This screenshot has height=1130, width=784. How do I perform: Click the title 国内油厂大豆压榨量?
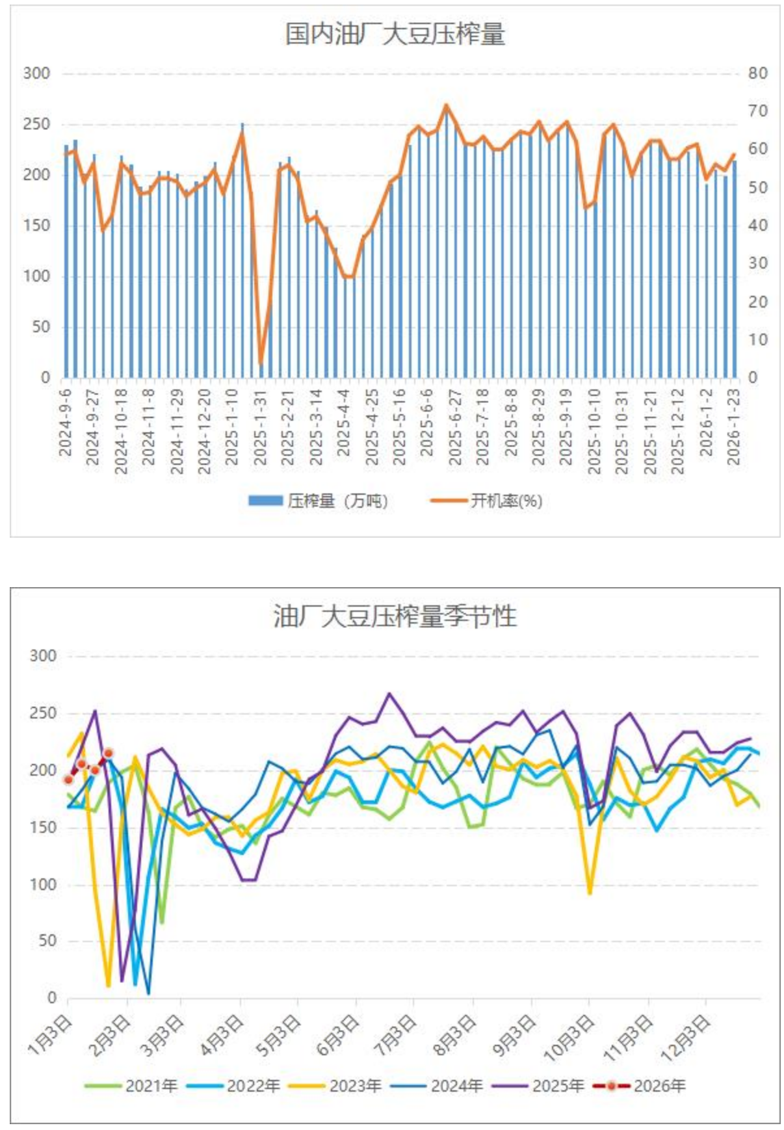point(395,34)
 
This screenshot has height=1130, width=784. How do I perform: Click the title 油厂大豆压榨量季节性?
point(395,616)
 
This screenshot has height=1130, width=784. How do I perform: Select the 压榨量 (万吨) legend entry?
point(319,501)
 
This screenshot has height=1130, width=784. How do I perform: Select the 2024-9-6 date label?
point(66,423)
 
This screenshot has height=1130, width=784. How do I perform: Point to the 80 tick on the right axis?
point(757,73)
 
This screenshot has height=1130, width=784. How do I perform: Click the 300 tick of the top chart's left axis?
point(36,73)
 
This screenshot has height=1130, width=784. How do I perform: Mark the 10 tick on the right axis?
point(757,340)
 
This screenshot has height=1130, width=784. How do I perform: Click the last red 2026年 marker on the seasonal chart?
point(109,754)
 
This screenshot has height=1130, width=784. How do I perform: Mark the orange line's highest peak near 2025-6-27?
point(446,105)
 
